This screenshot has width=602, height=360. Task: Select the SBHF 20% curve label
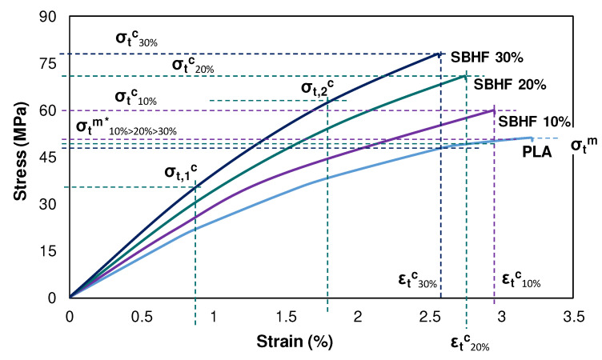[x=509, y=85]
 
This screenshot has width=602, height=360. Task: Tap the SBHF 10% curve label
[x=534, y=122]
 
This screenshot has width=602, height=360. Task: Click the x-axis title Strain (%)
[x=295, y=341]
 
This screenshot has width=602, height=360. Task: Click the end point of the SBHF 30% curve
[x=439, y=54]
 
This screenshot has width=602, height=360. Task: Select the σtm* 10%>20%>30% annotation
[x=126, y=128]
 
